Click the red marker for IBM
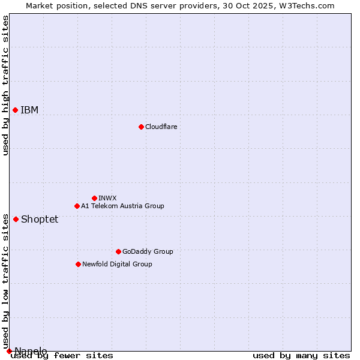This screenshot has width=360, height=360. [x=15, y=110]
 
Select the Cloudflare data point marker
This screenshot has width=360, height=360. [x=141, y=127]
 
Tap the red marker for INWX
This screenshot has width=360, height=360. [x=94, y=198]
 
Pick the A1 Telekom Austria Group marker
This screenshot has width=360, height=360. [x=77, y=206]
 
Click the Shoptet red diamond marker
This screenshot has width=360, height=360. [x=16, y=219]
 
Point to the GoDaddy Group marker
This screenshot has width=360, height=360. [x=118, y=251]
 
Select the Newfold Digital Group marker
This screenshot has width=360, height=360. [x=78, y=264]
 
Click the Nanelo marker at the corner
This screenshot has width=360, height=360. [x=9, y=351]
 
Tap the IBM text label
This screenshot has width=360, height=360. [x=29, y=110]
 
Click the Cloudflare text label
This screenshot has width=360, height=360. [x=161, y=127]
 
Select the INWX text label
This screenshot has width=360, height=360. [x=107, y=198]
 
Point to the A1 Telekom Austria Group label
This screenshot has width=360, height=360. [x=122, y=206]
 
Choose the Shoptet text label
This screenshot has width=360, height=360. [x=40, y=220]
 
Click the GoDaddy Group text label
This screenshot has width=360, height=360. [x=148, y=251]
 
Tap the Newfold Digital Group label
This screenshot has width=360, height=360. [x=117, y=264]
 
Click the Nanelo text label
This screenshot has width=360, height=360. [x=31, y=351]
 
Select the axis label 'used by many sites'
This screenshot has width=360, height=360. [x=301, y=356]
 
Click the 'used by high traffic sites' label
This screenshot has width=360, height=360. [x=6, y=85]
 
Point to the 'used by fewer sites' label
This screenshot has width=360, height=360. [x=62, y=356]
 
